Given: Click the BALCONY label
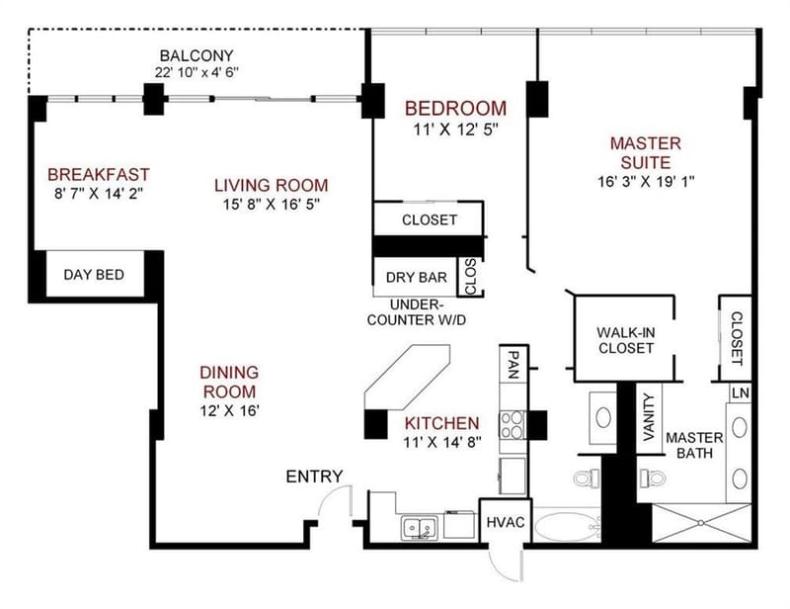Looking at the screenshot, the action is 197,55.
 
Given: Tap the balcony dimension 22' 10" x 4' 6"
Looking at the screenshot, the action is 197,72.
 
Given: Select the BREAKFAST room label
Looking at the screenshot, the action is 99,175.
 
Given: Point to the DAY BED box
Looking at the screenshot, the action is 94,275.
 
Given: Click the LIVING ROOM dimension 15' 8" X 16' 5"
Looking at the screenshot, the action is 272,204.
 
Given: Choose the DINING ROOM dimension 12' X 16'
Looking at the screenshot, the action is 229,410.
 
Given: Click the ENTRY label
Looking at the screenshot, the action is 314,477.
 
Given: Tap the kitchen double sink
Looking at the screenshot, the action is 419,528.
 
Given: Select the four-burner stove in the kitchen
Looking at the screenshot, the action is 512,425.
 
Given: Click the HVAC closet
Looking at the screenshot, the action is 506,522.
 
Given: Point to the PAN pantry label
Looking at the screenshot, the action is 513,365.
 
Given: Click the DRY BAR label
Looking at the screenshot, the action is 417,278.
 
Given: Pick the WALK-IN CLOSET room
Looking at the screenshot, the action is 625,338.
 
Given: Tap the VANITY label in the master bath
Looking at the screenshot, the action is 649,417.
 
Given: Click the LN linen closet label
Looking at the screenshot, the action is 741,393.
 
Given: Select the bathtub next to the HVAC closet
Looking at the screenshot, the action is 567,527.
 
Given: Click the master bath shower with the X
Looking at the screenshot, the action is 702,523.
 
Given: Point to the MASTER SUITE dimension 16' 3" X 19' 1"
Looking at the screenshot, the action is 646,181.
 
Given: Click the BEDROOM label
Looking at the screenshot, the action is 456,109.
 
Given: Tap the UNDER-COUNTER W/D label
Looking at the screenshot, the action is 417,312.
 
